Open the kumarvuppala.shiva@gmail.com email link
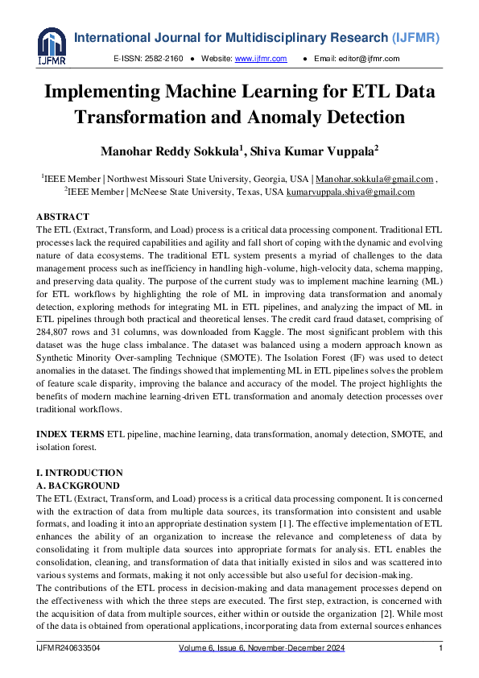[351, 192]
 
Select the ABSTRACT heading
[64, 217]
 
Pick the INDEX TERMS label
[70, 434]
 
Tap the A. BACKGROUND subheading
[78, 486]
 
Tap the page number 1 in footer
[440, 649]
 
